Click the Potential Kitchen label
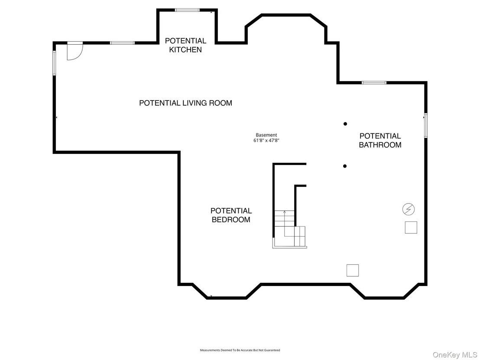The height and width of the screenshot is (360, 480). [x=185, y=45]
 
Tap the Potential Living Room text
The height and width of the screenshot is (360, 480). [x=185, y=103]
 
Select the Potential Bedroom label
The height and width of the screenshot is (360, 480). [x=231, y=215]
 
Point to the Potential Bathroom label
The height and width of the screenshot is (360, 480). [x=380, y=140]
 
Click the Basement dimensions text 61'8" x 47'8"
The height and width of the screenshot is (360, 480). [x=266, y=140]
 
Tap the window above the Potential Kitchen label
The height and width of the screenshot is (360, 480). [x=187, y=10]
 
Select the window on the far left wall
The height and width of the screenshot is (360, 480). [x=54, y=63]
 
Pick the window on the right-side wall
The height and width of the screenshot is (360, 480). [x=425, y=126]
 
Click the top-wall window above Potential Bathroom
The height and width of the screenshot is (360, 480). [x=374, y=83]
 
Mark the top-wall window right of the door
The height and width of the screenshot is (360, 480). [x=122, y=43]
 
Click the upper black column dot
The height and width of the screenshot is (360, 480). [x=345, y=124]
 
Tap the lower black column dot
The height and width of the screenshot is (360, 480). [x=345, y=166]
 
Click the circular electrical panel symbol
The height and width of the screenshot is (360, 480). [x=409, y=209]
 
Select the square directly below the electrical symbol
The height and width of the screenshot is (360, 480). [x=411, y=227]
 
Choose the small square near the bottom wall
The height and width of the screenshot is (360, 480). [x=353, y=270]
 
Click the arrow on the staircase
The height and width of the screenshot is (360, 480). [x=285, y=224]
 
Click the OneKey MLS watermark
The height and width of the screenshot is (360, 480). [x=455, y=355]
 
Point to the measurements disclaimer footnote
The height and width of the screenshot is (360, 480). [x=240, y=350]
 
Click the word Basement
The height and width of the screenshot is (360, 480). [x=266, y=135]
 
